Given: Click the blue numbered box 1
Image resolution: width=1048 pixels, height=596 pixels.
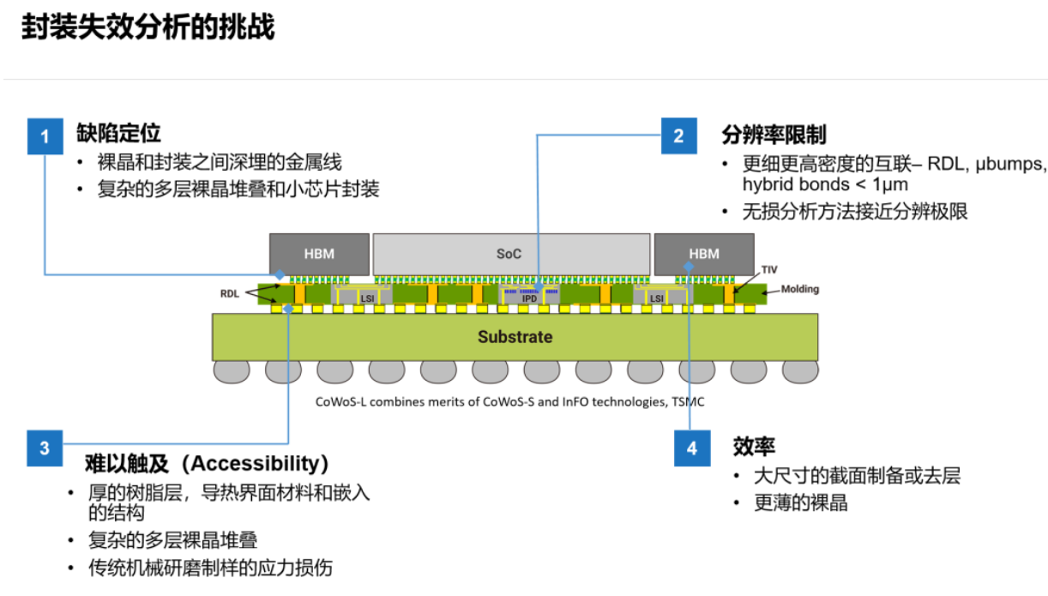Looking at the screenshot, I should click(45, 136).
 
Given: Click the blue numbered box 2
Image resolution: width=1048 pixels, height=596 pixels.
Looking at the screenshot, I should click(679, 135).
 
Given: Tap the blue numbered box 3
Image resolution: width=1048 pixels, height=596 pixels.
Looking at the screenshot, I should click(45, 448).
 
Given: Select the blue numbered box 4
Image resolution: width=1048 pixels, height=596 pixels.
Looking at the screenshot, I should click(691, 449).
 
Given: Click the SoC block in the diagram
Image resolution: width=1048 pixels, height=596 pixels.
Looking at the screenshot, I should click(509, 254).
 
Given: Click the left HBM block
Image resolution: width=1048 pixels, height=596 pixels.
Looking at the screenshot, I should click(319, 254).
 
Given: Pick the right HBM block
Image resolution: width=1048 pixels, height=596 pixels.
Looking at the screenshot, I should click(703, 254).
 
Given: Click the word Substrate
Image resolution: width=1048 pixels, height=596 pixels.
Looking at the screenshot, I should click(515, 337).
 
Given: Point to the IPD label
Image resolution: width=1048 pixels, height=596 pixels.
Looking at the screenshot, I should click(529, 298).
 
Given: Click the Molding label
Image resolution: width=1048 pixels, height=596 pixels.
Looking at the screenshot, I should click(799, 289).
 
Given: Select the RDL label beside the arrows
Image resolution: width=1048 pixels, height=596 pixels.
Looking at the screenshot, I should click(229, 293).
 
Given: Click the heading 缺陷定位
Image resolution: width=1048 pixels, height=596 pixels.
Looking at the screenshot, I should click(118, 133).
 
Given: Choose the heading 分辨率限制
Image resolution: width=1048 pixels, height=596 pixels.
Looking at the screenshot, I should click(773, 135).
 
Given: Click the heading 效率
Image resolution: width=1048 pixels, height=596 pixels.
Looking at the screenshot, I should click(754, 446).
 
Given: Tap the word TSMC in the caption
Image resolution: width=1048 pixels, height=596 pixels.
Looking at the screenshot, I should click(689, 401).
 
